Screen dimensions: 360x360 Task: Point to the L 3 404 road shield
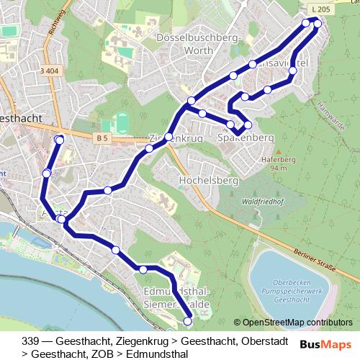(x=49, y=71)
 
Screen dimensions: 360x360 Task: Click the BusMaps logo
(x=326, y=344)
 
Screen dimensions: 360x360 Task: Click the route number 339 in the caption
(x=30, y=340)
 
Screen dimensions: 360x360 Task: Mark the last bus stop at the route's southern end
(x=188, y=321)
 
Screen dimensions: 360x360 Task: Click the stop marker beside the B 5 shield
(x=59, y=138)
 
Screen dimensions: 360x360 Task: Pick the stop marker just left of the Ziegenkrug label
(x=149, y=148)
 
